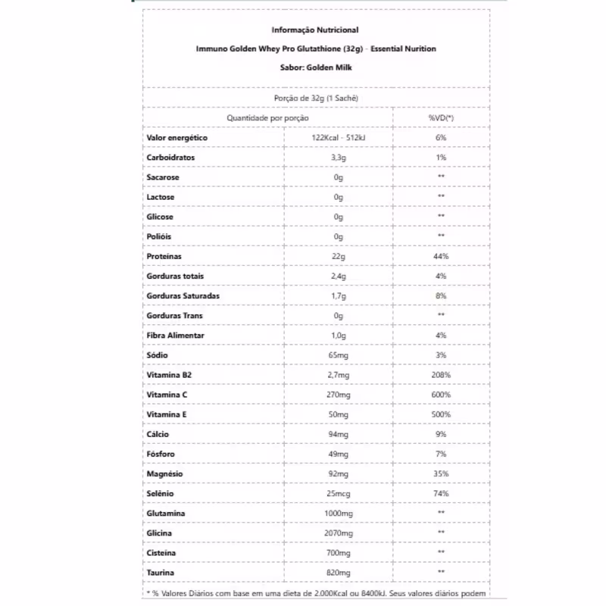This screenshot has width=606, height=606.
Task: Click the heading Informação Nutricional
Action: click(x=315, y=30)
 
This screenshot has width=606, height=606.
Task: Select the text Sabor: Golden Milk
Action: click(x=315, y=67)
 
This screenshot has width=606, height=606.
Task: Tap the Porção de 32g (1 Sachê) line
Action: click(x=315, y=98)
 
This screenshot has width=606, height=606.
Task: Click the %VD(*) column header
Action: click(x=441, y=118)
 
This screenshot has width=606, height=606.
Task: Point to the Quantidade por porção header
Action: click(x=267, y=118)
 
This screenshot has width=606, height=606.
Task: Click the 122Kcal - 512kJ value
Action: click(x=339, y=138)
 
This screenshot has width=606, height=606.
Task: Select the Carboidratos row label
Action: click(x=170, y=158)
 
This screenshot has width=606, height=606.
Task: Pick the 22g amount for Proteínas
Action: click(x=339, y=257)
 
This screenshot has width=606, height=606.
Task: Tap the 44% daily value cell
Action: click(x=441, y=257)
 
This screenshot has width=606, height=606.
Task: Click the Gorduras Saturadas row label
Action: click(x=183, y=296)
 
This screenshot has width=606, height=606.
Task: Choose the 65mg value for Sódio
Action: click(x=339, y=355)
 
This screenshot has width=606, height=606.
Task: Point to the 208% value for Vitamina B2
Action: click(x=441, y=375)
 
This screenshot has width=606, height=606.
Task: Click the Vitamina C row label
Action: click(x=167, y=395)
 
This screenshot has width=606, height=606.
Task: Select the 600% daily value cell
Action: click(x=441, y=395)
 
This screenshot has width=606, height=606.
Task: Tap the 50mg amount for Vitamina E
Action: click(x=339, y=414)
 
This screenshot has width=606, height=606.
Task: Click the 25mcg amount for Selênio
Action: click(x=339, y=494)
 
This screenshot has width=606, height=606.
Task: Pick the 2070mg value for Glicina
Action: click(x=339, y=533)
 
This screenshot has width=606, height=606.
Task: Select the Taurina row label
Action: click(x=161, y=573)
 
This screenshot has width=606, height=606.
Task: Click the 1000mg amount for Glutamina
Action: click(x=339, y=514)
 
